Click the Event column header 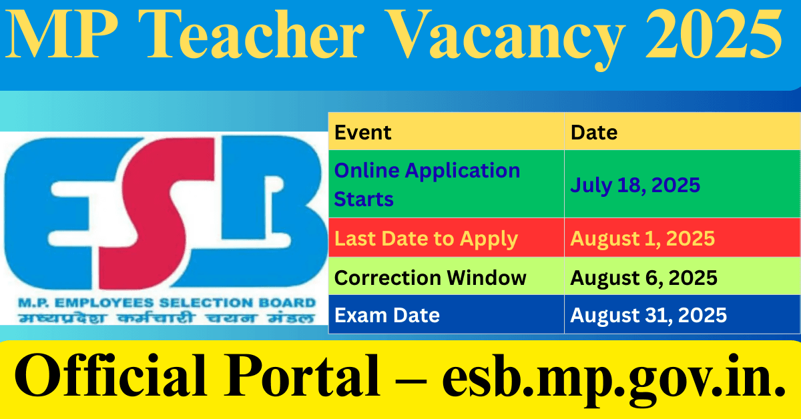[x=363, y=132]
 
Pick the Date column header [x=594, y=132]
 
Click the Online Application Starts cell [x=427, y=184]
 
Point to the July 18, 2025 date [x=635, y=185]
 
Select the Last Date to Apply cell [x=426, y=238]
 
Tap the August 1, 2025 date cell [x=642, y=238]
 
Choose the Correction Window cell [x=431, y=278]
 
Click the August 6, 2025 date [x=643, y=278]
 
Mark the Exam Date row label [x=387, y=315]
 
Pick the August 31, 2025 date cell [x=648, y=315]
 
